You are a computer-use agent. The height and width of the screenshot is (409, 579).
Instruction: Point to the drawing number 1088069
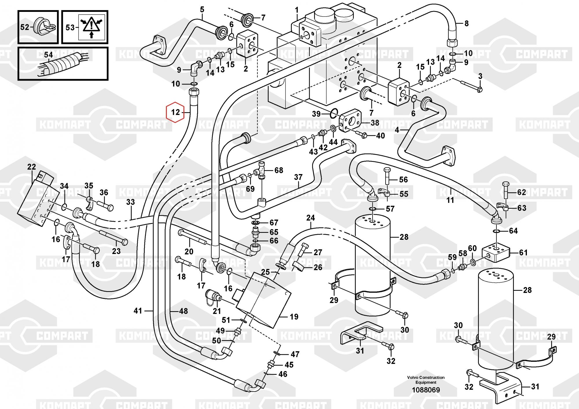426,390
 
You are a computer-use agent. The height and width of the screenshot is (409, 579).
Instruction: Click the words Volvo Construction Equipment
426,380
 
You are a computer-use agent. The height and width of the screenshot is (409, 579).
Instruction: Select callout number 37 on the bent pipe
298,177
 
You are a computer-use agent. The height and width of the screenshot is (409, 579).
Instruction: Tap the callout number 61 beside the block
523,253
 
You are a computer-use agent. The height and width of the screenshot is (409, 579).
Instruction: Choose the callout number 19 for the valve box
294,317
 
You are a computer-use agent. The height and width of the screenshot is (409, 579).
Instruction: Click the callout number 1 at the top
296,10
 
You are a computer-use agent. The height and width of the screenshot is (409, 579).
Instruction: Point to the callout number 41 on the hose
138,311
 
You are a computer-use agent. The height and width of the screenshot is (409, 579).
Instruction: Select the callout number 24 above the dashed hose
310,218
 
